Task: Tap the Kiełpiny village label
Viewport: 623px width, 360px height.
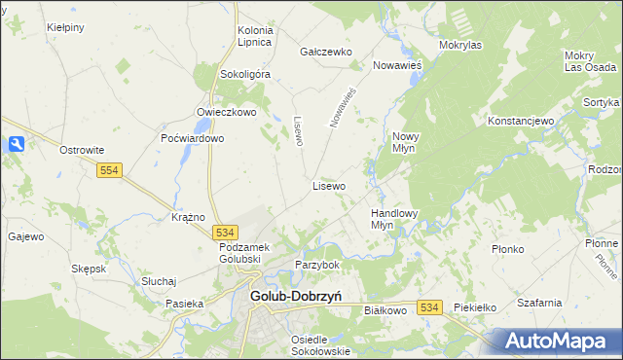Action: pyautogui.click(x=64, y=28)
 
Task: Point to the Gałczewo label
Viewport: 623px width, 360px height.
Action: pyautogui.click(x=325, y=52)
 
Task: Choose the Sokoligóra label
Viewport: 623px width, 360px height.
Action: pyautogui.click(x=245, y=73)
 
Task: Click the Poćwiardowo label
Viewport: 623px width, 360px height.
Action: pyautogui.click(x=193, y=138)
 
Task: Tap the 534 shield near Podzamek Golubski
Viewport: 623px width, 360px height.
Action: pyautogui.click(x=225, y=233)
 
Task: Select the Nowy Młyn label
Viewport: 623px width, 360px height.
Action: pyautogui.click(x=405, y=142)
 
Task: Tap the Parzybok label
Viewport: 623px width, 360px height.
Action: pyautogui.click(x=316, y=265)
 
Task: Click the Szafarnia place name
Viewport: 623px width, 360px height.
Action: pyautogui.click(x=539, y=303)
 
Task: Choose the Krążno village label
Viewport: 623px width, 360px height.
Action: pyautogui.click(x=187, y=217)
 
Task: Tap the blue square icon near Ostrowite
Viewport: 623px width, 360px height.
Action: pyautogui.click(x=16, y=144)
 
